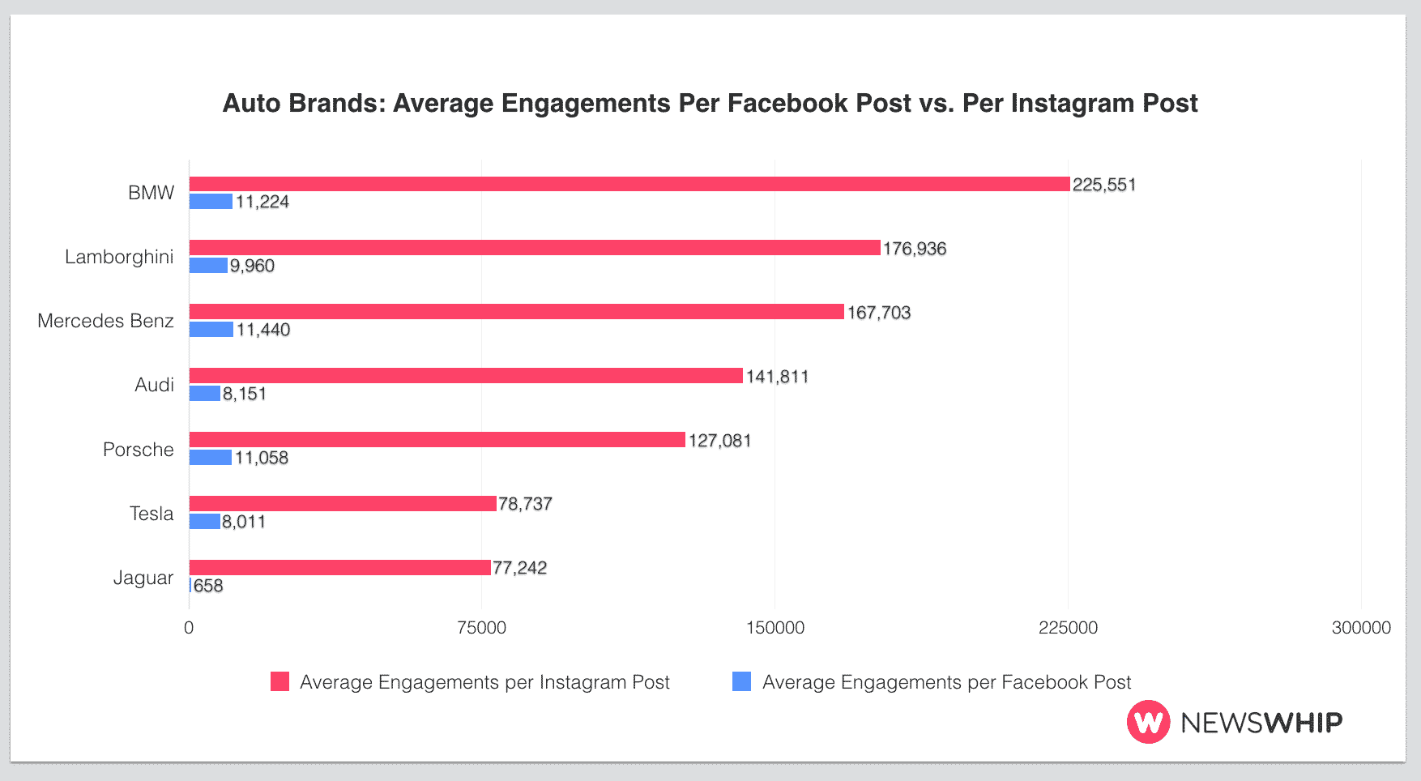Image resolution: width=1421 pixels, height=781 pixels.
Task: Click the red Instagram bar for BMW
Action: tap(629, 184)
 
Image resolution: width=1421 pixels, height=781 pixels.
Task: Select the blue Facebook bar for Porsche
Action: tap(211, 458)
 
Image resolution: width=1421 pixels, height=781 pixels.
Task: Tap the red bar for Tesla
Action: tap(342, 504)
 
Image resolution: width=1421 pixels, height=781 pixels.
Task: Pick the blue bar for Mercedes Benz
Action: tap(211, 330)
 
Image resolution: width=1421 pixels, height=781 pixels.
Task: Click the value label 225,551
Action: tap(1104, 185)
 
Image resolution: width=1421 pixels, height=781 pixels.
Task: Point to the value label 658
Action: tap(208, 586)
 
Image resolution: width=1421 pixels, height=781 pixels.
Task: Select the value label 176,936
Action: tap(915, 249)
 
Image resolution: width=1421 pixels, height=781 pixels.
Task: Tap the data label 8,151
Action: tap(245, 394)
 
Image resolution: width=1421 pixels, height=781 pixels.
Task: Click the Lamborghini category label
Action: tap(119, 257)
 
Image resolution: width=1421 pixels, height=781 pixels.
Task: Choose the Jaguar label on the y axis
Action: tap(143, 578)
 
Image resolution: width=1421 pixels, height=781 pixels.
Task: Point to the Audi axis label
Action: tap(154, 385)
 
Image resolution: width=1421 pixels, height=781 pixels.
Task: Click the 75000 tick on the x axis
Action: tap(481, 628)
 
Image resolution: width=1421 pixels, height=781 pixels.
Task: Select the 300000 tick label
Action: tap(1361, 628)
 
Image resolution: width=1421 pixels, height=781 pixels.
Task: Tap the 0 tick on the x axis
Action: tap(189, 628)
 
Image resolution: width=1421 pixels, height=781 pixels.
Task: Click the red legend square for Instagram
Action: tap(280, 681)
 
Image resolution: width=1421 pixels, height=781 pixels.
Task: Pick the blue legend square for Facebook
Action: tap(741, 681)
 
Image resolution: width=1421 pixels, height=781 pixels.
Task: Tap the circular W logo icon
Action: tap(1148, 722)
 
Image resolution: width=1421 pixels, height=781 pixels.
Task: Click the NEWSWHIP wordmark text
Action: tap(1261, 722)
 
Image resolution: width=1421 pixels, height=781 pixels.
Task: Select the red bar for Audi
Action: tap(466, 376)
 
